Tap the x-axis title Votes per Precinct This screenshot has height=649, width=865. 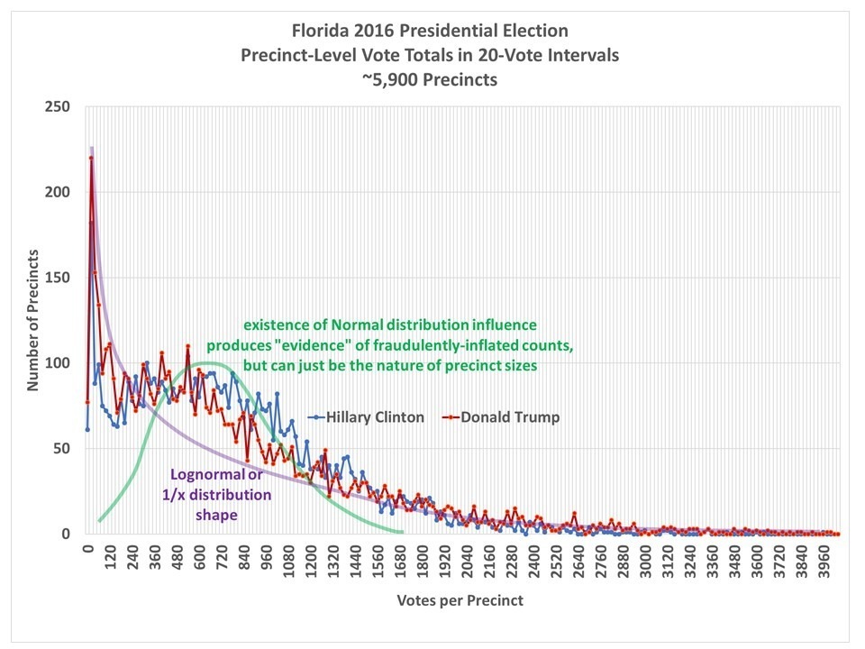tap(460, 599)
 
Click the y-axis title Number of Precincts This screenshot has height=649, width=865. tap(33, 320)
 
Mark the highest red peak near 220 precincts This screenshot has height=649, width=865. tap(91, 159)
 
